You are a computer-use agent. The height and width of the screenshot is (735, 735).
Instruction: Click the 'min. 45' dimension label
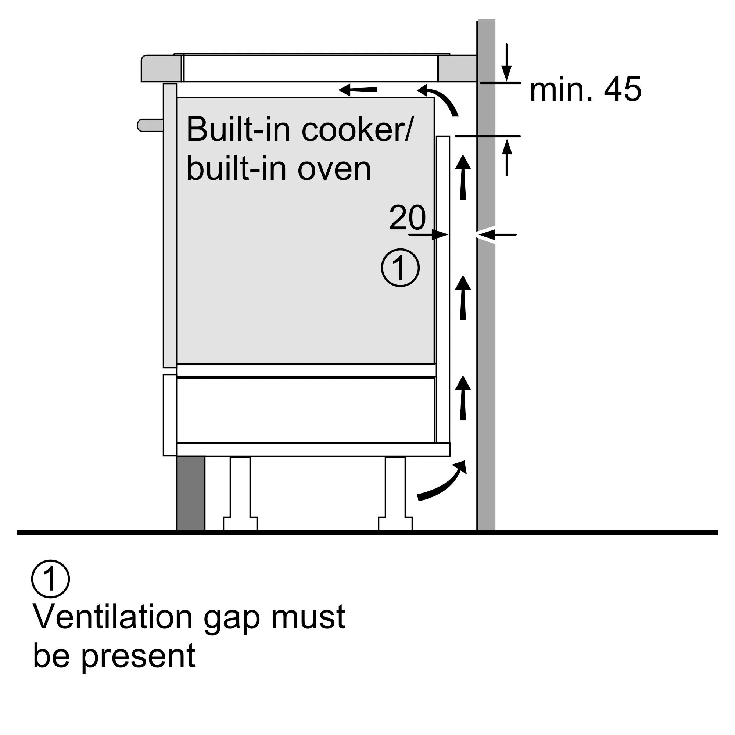[585, 90]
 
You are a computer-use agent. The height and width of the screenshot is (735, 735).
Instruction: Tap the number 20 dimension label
[407, 218]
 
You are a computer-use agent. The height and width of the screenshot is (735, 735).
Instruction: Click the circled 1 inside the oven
[400, 268]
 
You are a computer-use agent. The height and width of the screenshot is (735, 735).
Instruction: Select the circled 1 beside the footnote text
[50, 579]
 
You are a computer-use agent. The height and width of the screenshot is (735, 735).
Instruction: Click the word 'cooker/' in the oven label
[356, 130]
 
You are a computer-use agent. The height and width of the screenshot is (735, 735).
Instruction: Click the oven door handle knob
[150, 125]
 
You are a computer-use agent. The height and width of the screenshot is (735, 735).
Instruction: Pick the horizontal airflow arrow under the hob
[358, 90]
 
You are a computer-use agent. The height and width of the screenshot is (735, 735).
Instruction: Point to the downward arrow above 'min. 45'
[506, 63]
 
